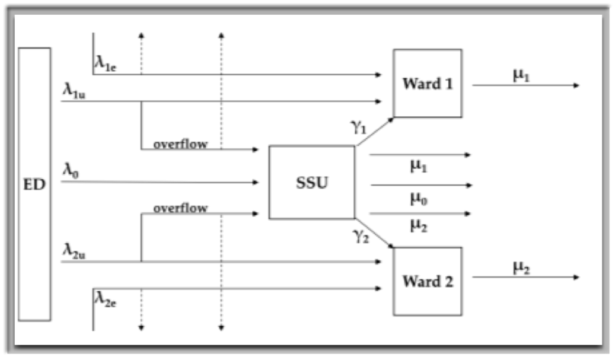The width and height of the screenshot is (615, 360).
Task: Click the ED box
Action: coord(34,183)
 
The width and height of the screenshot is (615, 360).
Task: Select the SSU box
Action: coord(311,182)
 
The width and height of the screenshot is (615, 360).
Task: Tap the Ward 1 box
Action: coord(427,83)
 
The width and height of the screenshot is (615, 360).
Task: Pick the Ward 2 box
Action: coord(427,281)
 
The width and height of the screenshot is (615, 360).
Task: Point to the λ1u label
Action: coord(74,90)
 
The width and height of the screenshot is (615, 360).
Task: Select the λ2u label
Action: coord(74,249)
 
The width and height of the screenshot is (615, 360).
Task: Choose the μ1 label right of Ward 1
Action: coord(521,75)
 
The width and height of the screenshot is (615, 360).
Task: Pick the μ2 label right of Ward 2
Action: coord(521,268)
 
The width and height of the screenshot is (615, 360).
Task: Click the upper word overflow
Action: coord(180,144)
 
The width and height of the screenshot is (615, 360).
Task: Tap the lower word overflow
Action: coord(180,208)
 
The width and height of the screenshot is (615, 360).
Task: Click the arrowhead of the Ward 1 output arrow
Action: coord(576,85)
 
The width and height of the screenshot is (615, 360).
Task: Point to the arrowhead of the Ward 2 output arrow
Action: coord(576,278)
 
